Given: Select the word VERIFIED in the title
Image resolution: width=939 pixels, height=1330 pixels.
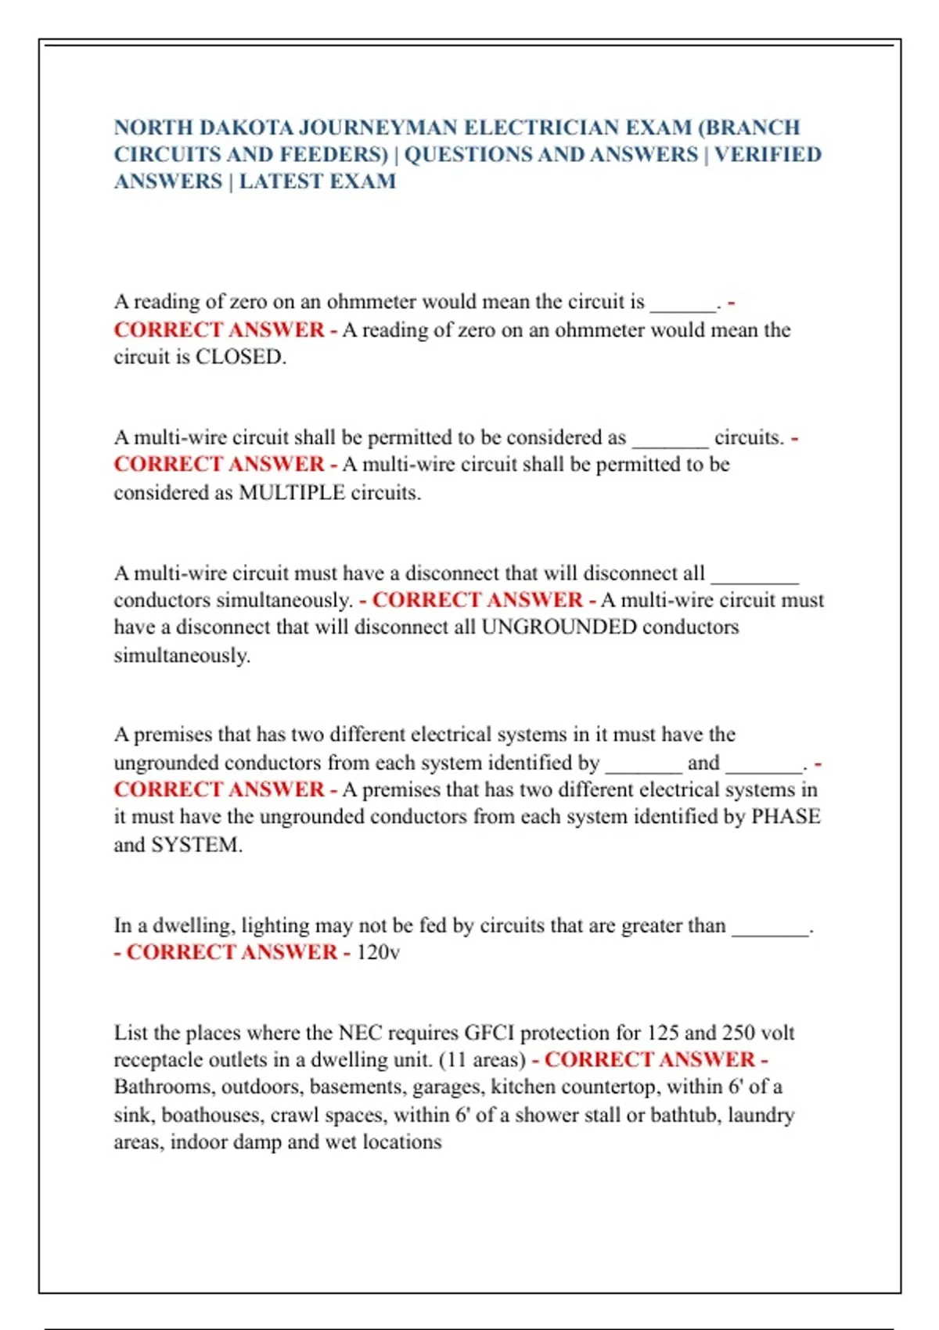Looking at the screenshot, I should (768, 154).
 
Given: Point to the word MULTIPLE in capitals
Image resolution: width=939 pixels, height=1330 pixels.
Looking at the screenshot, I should (291, 492).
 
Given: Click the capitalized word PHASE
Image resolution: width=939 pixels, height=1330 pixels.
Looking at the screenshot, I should (786, 816).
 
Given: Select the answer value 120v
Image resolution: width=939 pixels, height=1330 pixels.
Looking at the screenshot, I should (378, 952).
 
